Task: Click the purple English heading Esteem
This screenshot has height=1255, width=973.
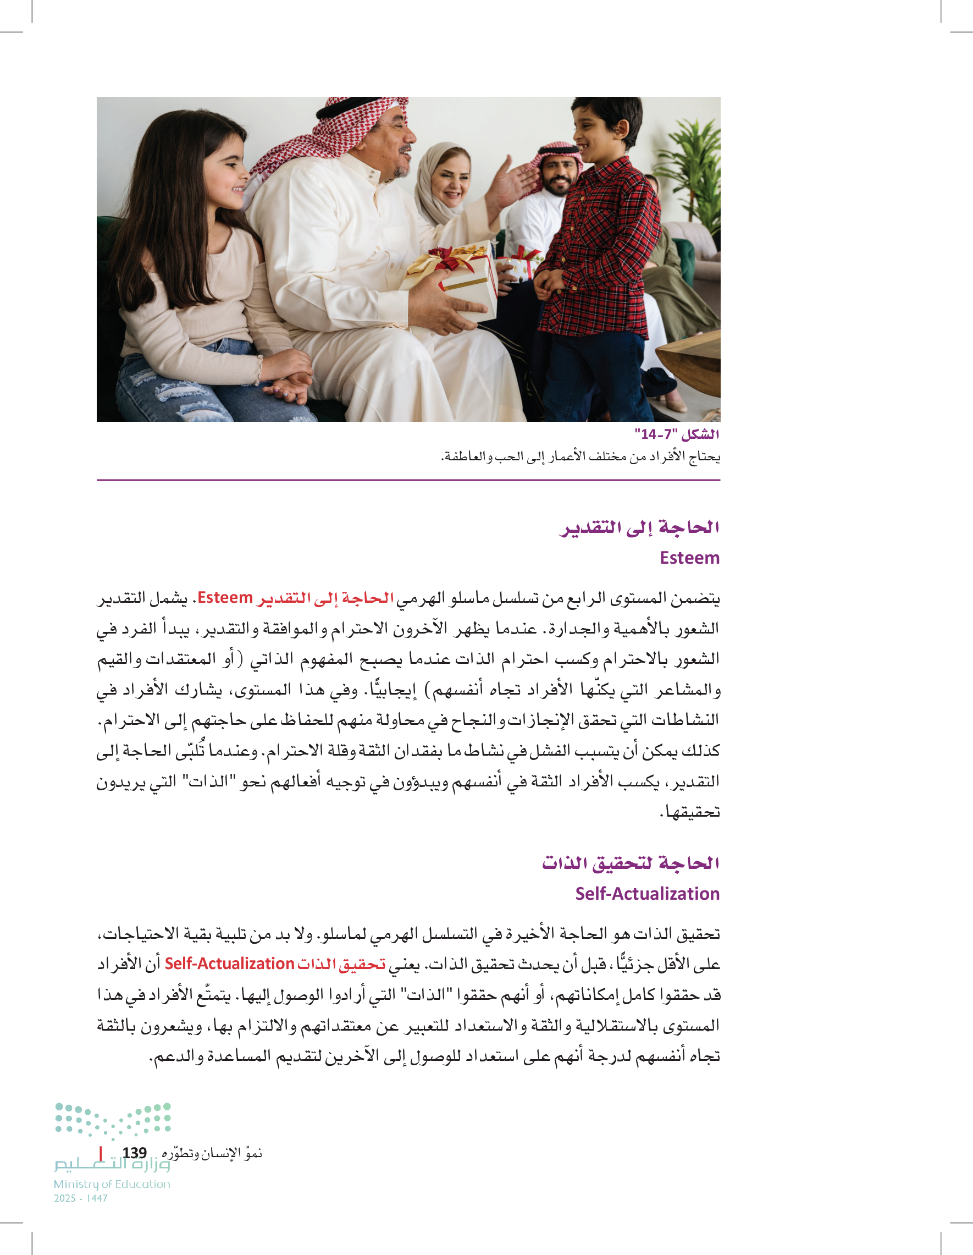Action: (x=689, y=558)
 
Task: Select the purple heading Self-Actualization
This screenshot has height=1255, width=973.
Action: (x=647, y=894)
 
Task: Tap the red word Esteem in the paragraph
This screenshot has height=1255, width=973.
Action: (x=225, y=598)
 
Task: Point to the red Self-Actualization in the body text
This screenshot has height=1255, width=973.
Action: (x=229, y=964)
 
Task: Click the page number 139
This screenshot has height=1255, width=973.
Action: (x=134, y=1153)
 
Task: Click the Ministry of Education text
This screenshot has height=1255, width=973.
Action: (x=112, y=1184)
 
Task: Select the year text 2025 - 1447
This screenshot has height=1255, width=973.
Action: (x=80, y=1198)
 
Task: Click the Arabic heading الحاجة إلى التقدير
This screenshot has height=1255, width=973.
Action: (x=639, y=527)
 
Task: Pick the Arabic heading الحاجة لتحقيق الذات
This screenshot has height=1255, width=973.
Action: (x=630, y=863)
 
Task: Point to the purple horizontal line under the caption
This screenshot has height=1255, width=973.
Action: (x=408, y=480)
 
